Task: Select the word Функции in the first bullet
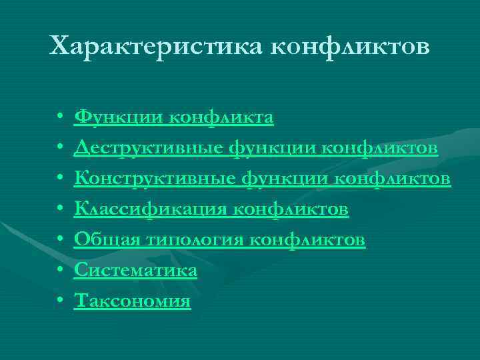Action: pos(114,117)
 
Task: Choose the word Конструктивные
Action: pos(153,179)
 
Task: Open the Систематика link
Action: pos(136,271)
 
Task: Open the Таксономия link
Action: pos(133,301)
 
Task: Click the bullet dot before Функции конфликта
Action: pos(60,119)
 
